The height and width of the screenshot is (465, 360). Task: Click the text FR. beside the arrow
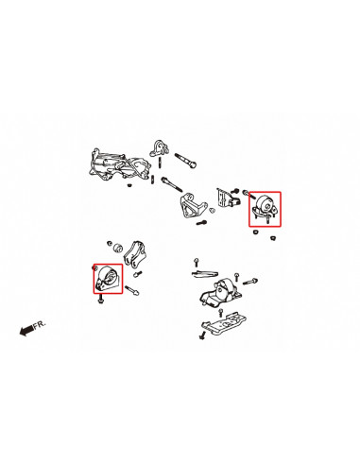pyautogui.click(x=39, y=324)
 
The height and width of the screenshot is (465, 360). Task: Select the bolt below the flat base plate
pyautogui.click(x=202, y=335)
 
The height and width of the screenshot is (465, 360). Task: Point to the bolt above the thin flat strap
pyautogui.click(x=196, y=260)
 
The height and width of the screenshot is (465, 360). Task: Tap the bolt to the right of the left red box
pyautogui.click(x=137, y=289)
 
